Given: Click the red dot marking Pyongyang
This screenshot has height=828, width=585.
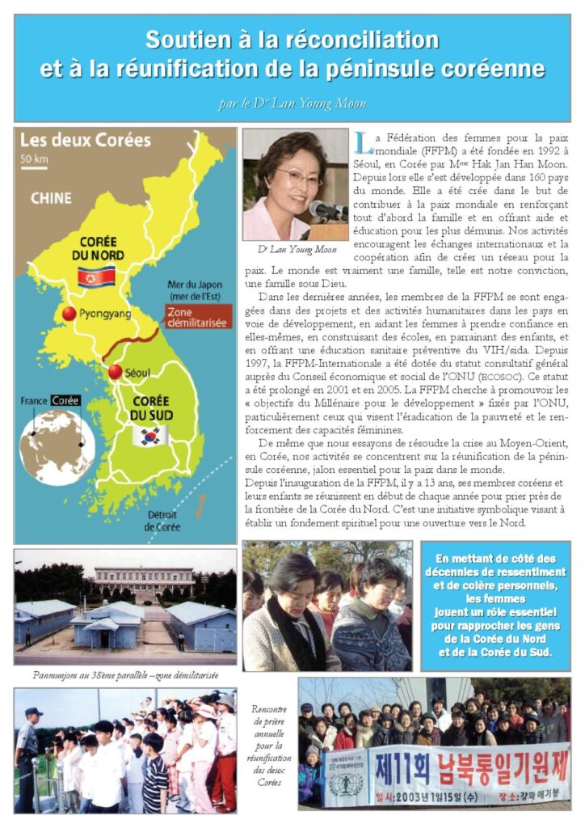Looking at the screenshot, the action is click(x=69, y=314).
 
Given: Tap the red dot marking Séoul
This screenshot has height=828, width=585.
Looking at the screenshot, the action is click(x=115, y=372).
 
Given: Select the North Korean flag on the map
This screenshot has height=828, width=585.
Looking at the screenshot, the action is click(x=95, y=277).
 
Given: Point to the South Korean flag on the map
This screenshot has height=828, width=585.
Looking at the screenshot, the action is click(x=150, y=436).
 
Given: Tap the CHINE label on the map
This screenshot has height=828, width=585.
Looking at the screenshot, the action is click(x=51, y=197).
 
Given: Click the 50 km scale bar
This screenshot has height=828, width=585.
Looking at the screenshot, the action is click(x=34, y=162).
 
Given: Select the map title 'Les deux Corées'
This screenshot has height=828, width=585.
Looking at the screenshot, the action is click(x=85, y=139).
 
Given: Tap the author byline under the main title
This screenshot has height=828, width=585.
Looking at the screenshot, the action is click(x=292, y=103).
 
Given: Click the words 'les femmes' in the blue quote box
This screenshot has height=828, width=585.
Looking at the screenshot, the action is click(x=495, y=599).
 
